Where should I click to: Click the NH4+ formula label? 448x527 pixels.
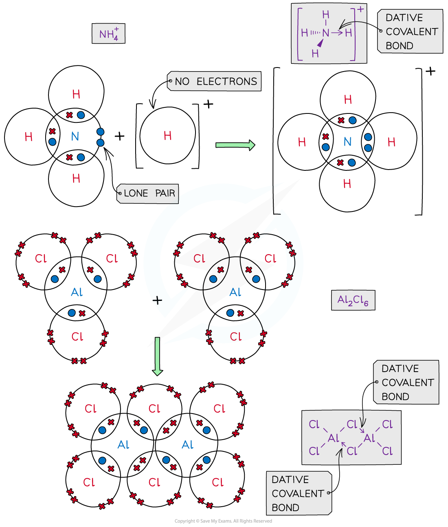108,34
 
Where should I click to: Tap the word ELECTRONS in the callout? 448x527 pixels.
227,82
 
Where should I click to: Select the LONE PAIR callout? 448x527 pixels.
149,194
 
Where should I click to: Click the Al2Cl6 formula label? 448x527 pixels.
353,301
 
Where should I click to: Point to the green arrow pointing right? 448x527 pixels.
235,145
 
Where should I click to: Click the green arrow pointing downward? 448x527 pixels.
157,356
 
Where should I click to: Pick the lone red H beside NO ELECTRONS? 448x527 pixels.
167,136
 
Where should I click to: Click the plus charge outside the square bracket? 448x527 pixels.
360,9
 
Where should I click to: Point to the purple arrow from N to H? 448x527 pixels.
337,33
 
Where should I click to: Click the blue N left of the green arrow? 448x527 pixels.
75,137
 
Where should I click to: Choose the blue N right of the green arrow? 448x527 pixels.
347,142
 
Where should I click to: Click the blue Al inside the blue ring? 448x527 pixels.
235,292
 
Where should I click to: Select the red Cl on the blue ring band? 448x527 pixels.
235,337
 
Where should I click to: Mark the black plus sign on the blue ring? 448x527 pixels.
157,301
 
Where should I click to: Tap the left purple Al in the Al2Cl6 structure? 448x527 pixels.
333,438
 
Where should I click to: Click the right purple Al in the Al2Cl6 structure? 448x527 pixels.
369,438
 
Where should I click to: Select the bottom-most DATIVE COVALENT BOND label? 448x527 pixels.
299,494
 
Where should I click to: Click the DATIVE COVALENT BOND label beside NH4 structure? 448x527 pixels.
411,32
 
